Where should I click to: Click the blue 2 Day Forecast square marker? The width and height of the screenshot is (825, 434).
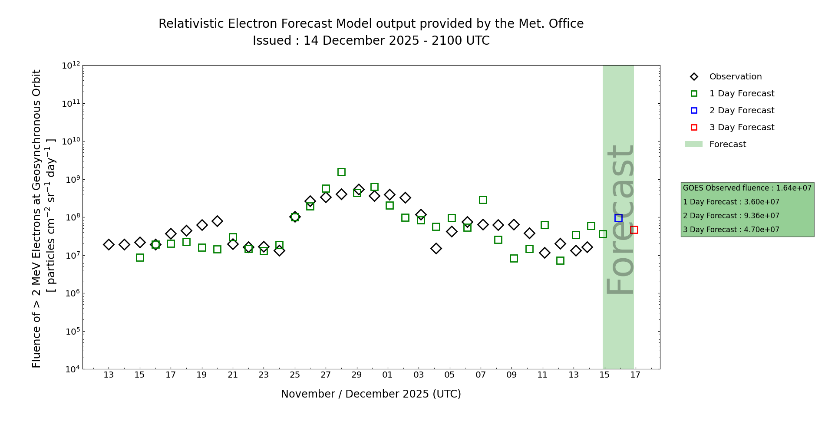click(618, 218)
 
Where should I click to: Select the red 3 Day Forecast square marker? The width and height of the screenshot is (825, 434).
click(634, 230)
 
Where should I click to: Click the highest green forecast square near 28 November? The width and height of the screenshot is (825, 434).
click(341, 172)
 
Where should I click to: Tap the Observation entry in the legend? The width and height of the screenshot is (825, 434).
click(735, 77)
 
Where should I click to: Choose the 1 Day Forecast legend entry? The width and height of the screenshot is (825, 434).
click(741, 94)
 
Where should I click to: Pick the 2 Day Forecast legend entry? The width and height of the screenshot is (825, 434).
click(741, 111)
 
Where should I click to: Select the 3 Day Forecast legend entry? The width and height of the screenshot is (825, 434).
click(741, 128)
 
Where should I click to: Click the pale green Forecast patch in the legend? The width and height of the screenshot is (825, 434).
click(693, 145)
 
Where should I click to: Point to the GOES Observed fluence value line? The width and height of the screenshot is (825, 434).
click(747, 188)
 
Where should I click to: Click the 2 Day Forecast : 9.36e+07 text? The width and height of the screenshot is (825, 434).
click(731, 216)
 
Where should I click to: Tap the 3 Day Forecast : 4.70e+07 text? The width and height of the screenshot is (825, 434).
click(731, 230)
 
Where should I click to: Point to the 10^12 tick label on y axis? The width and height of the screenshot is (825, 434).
click(71, 66)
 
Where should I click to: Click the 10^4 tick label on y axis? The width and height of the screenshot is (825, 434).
click(71, 369)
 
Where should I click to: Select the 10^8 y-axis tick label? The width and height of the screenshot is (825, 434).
click(71, 217)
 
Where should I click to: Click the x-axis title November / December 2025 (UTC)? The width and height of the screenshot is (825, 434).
click(371, 394)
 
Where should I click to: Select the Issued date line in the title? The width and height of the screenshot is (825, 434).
click(371, 41)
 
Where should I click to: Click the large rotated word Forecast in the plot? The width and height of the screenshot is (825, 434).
click(620, 219)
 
